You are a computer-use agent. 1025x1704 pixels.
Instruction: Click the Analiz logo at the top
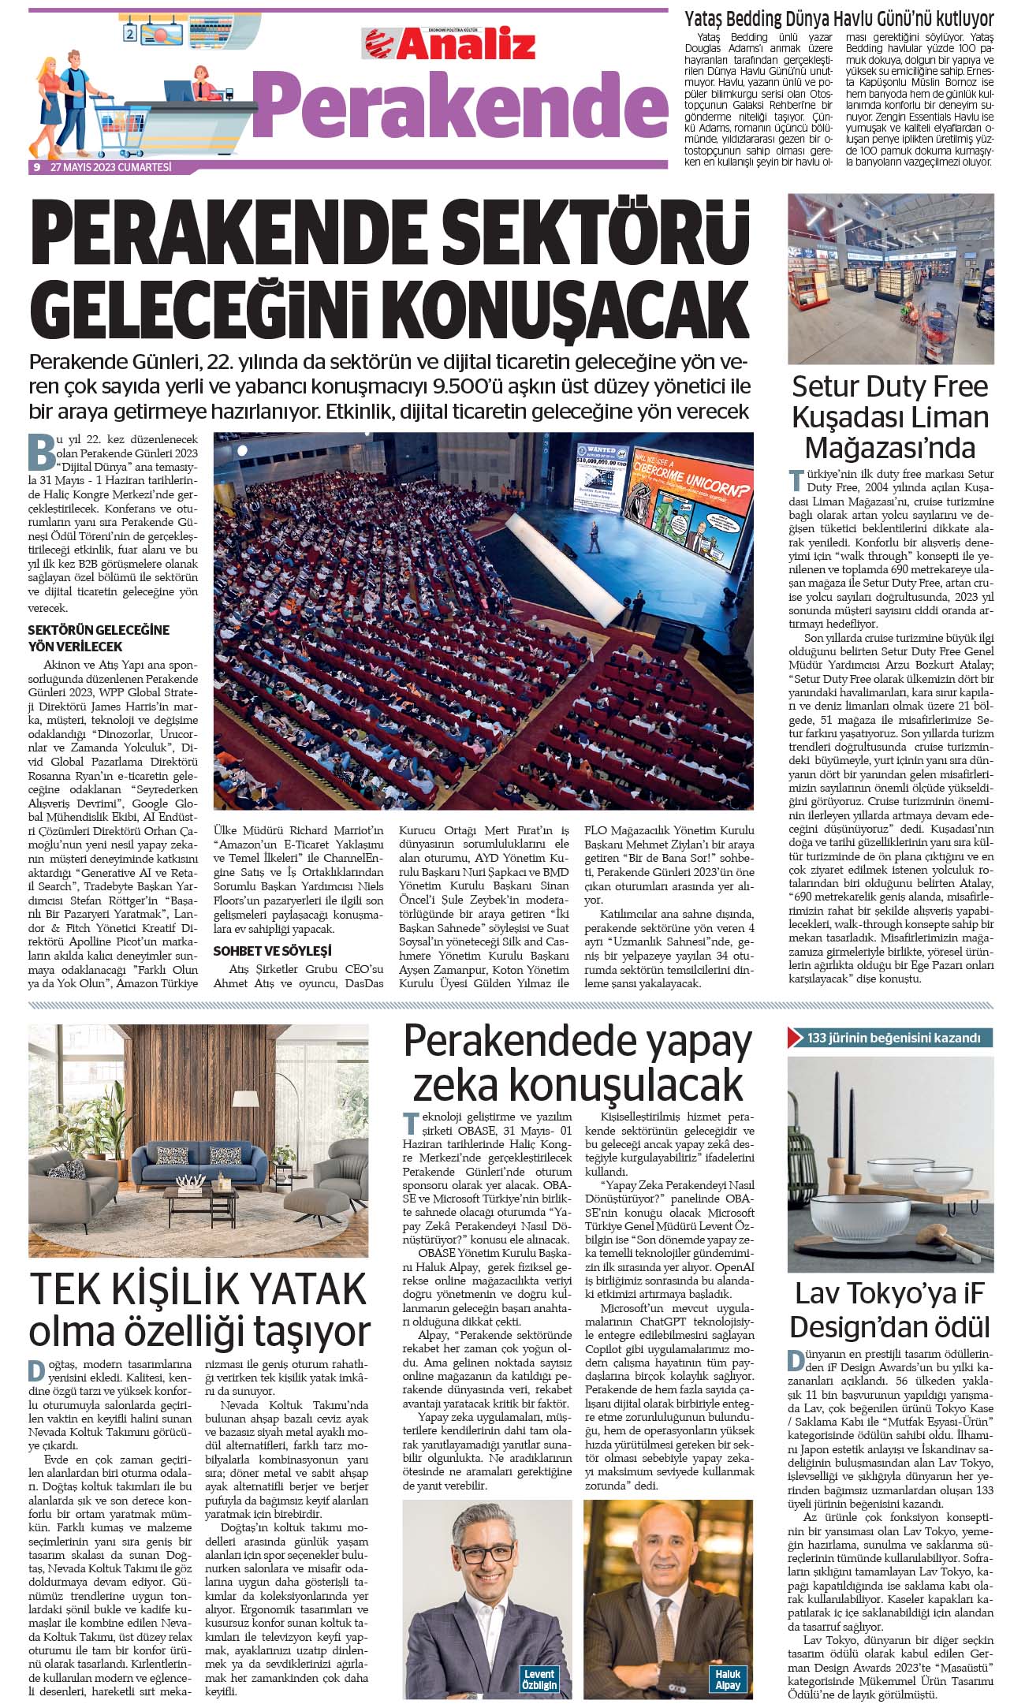[x=449, y=45]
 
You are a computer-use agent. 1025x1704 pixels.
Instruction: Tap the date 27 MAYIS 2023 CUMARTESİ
[x=110, y=167]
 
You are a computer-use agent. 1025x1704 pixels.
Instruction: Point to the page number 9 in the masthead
[x=36, y=167]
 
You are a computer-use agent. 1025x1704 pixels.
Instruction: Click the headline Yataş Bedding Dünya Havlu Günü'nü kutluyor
[x=838, y=19]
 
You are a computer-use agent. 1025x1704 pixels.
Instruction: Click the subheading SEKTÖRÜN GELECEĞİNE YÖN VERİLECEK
[x=99, y=638]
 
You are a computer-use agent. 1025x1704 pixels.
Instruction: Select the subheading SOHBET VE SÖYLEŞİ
[x=272, y=951]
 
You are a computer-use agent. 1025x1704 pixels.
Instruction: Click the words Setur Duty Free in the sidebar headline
[x=889, y=386]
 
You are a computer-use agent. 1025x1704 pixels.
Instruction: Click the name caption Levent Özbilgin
[x=539, y=1680]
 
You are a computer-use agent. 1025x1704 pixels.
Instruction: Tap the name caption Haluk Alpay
[x=727, y=1680]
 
